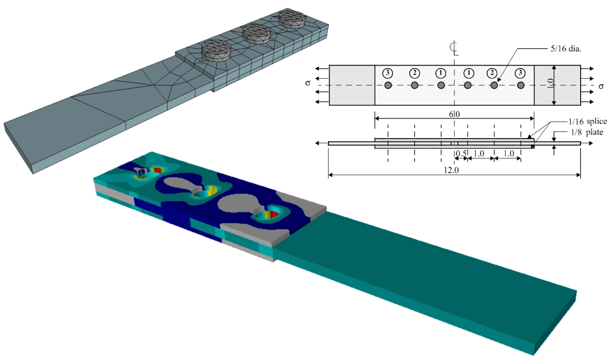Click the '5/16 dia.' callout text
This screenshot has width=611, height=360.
point(565,49)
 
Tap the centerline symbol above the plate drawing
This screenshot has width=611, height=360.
point(454,48)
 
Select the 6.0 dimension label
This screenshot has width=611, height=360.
point(454,114)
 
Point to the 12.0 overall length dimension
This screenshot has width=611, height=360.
point(451,170)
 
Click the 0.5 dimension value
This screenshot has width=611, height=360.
point(461,153)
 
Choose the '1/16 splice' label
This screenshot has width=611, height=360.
point(587,121)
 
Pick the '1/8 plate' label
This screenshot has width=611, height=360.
point(587,132)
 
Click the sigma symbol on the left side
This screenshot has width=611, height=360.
point(308,83)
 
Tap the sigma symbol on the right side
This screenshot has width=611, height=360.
point(601,86)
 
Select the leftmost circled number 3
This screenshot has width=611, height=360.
point(387,73)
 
